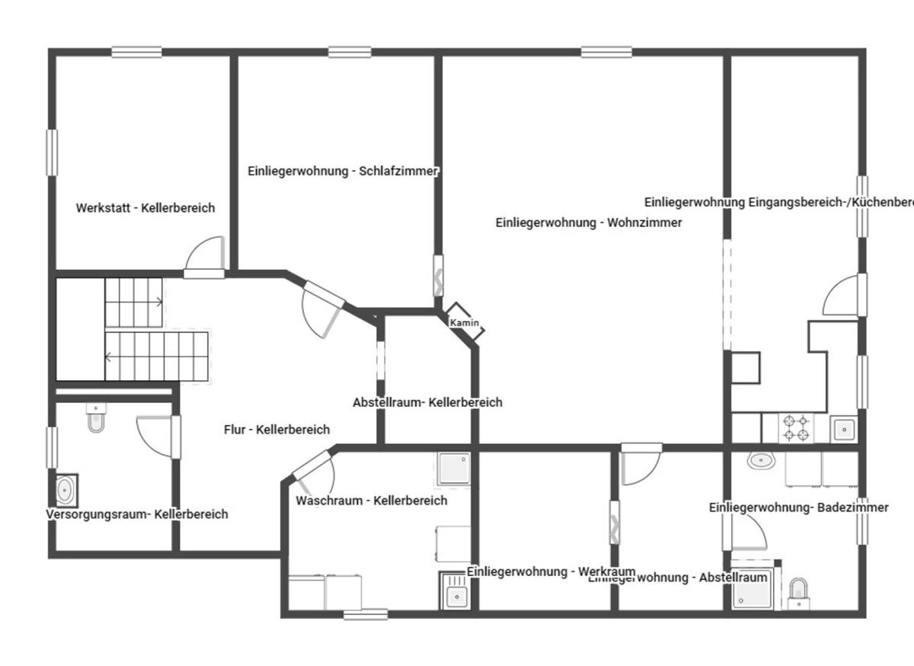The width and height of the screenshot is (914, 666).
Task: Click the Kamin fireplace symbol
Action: pyautogui.click(x=464, y=322)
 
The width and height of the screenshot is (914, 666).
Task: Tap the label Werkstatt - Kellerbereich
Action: pyautogui.click(x=145, y=207)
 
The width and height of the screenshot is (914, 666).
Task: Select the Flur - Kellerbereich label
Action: pyautogui.click(x=276, y=430)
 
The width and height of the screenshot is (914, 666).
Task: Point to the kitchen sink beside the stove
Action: pyautogui.click(x=843, y=429)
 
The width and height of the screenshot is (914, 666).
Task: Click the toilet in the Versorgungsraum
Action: pyautogui.click(x=96, y=419)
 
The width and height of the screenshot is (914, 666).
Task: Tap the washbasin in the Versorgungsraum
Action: pyautogui.click(x=66, y=490)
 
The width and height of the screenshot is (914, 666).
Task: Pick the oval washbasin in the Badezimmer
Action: pyautogui.click(x=760, y=460)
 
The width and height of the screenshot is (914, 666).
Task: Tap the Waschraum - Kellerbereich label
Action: pyautogui.click(x=371, y=501)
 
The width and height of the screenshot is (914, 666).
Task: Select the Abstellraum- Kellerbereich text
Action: pyautogui.click(x=427, y=402)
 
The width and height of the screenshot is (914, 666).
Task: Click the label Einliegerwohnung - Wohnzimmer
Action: pyautogui.click(x=588, y=223)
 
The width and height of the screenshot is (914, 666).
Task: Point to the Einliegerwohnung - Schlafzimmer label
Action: pyautogui.click(x=343, y=171)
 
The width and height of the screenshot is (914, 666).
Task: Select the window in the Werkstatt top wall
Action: pyautogui.click(x=136, y=53)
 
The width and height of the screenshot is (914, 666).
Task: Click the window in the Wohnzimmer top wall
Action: pyautogui.click(x=606, y=53)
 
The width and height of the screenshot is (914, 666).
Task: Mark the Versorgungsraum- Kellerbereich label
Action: pyautogui.click(x=137, y=514)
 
